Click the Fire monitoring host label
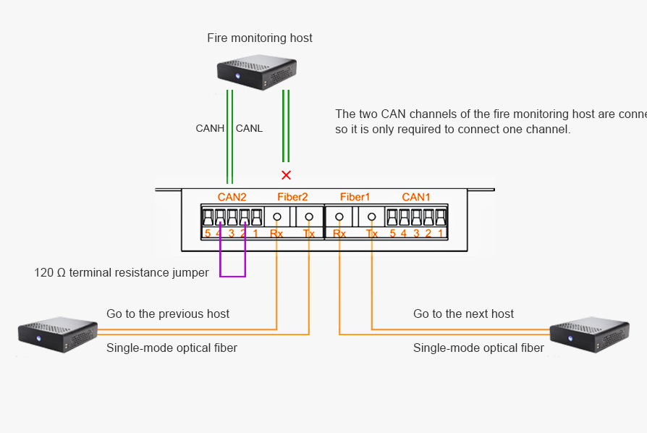pyautogui.click(x=260, y=38)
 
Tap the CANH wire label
pyautogui.click(x=210, y=128)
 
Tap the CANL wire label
pyautogui.click(x=250, y=128)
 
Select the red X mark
pyautogui.click(x=287, y=175)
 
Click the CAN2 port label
pyautogui.click(x=232, y=197)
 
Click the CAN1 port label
pyautogui.click(x=416, y=197)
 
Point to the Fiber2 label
pyautogui.click(x=292, y=197)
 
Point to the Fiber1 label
pyautogui.click(x=355, y=197)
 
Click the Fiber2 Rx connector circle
pyautogui.click(x=277, y=216)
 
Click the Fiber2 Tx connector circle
pyautogui.click(x=309, y=216)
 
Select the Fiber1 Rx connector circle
pyautogui.click(x=339, y=216)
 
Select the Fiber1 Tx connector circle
pyautogui.click(x=372, y=216)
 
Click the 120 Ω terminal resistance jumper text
pyautogui.click(x=122, y=273)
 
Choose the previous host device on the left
pyautogui.click(x=57, y=335)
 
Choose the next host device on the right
pyautogui.click(x=588, y=335)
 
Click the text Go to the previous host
pyautogui.click(x=168, y=314)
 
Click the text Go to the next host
pyautogui.click(x=463, y=314)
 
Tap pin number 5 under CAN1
pyautogui.click(x=392, y=233)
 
